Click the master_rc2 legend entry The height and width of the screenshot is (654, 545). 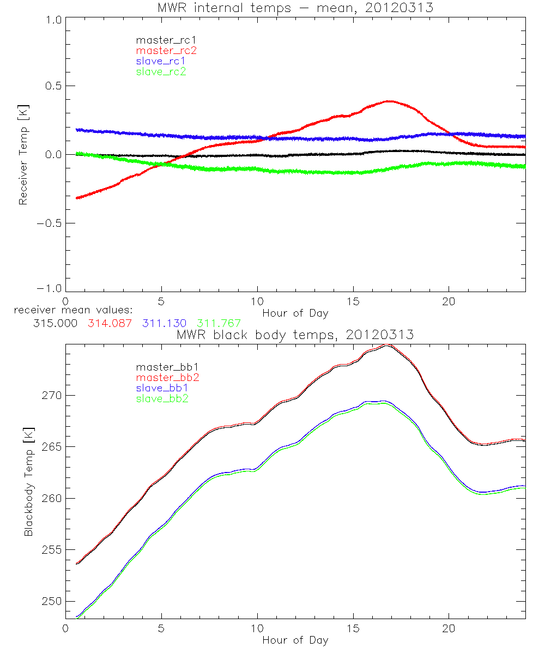166,50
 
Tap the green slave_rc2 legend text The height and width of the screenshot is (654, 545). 161,71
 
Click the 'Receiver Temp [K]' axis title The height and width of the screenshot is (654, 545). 23,155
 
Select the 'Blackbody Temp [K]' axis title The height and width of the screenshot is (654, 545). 28,482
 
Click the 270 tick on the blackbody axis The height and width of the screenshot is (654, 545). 52,395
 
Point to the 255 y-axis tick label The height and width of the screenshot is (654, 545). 52,550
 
